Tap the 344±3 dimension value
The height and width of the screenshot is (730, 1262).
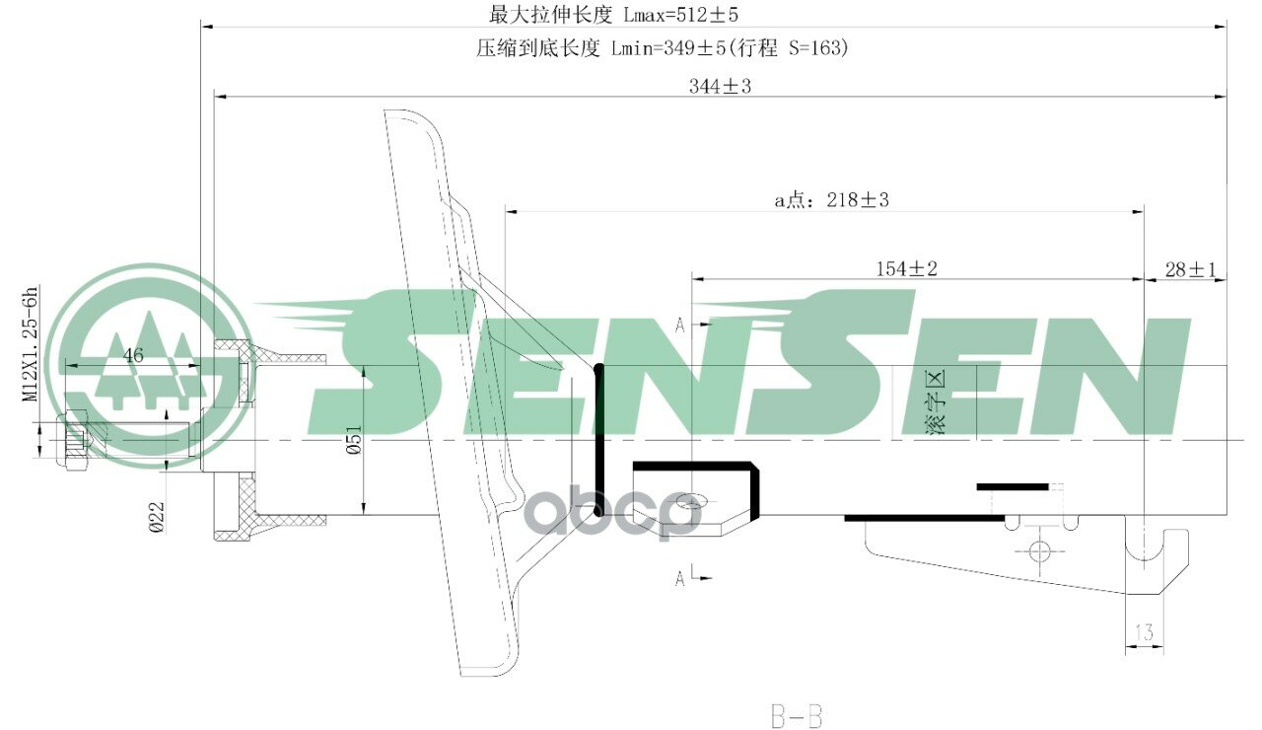(x=720, y=87)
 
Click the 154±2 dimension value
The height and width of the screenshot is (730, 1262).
(x=906, y=268)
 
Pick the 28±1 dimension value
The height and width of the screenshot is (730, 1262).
(x=1191, y=268)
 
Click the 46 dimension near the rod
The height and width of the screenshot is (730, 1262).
(x=133, y=355)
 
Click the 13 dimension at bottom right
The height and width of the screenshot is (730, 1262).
(x=1145, y=632)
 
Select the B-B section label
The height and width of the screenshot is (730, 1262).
(x=796, y=714)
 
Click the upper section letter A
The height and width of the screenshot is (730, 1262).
(x=679, y=325)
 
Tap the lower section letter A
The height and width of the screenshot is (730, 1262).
(x=679, y=579)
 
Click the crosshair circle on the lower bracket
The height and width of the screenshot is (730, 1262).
(x=1039, y=550)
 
